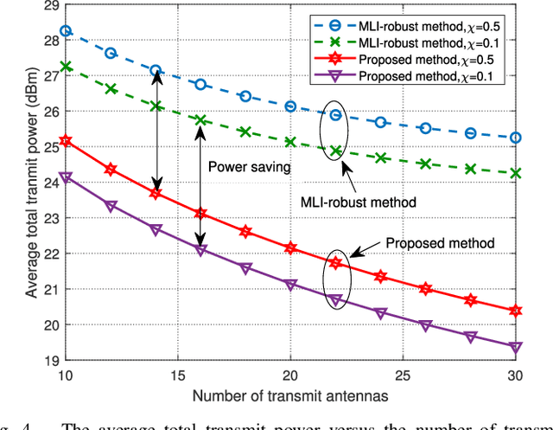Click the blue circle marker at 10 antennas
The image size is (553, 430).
coord(66,31)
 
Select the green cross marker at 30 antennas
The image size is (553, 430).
coord(515,173)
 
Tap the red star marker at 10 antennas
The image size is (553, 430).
coord(66,140)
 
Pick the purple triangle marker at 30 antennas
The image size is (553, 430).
coord(515,347)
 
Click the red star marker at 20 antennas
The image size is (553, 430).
coord(290,248)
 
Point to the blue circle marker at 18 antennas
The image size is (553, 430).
coord(245,96)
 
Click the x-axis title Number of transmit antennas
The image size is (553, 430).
coord(290,396)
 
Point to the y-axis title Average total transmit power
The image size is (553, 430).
coord(32,183)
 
